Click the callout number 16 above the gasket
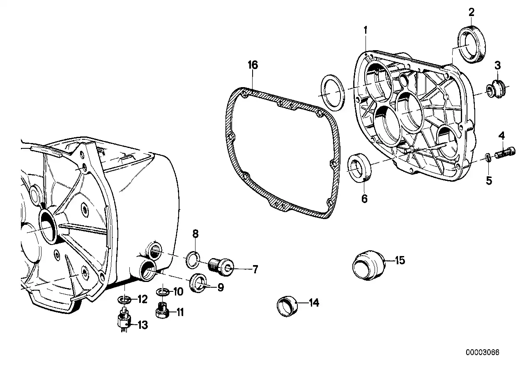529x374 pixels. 253,65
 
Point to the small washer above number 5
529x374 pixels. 488,158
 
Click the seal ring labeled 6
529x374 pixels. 359,168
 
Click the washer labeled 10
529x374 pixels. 163,293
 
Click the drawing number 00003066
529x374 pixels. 483,352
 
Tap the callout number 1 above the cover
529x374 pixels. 365,30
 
